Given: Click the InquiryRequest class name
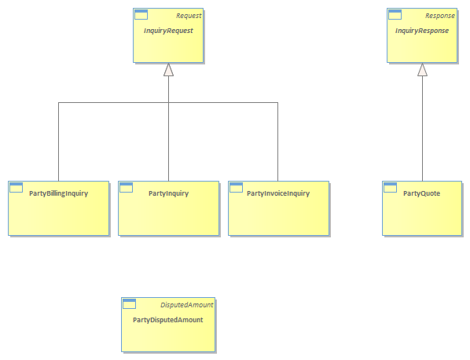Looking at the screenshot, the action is pyautogui.click(x=168, y=31).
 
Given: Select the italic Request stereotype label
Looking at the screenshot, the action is pyautogui.click(x=189, y=16).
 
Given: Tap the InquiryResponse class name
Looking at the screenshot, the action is pyautogui.click(x=422, y=31).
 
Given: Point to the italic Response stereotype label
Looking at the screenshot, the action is pyautogui.click(x=439, y=16).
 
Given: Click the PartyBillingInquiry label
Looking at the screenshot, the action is pyautogui.click(x=58, y=193).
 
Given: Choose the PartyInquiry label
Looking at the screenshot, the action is pyautogui.click(x=168, y=193).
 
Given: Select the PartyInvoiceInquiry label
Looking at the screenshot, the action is pyautogui.click(x=278, y=193).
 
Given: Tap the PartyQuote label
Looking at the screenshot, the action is pyautogui.click(x=421, y=193).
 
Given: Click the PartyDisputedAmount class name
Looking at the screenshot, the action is pyautogui.click(x=168, y=320).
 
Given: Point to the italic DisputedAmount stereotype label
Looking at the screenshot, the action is pyautogui.click(x=187, y=305).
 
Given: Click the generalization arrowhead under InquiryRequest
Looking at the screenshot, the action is pyautogui.click(x=168, y=69).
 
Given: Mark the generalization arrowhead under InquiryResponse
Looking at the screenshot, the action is pyautogui.click(x=422, y=69).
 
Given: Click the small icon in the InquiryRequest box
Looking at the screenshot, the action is pyautogui.click(x=141, y=15).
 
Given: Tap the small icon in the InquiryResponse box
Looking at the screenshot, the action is pyautogui.click(x=395, y=15).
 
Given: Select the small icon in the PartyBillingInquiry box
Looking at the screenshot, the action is pyautogui.click(x=17, y=188).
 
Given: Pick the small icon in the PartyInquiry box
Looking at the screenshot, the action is pyautogui.click(x=127, y=188).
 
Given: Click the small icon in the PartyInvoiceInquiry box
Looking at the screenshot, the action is pyautogui.click(x=237, y=188).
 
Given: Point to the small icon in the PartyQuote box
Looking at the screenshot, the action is pyautogui.click(x=391, y=188).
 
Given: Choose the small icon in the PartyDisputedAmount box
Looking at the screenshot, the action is pyautogui.click(x=129, y=304).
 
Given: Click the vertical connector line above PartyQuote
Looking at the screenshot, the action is pyautogui.click(x=422, y=129).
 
